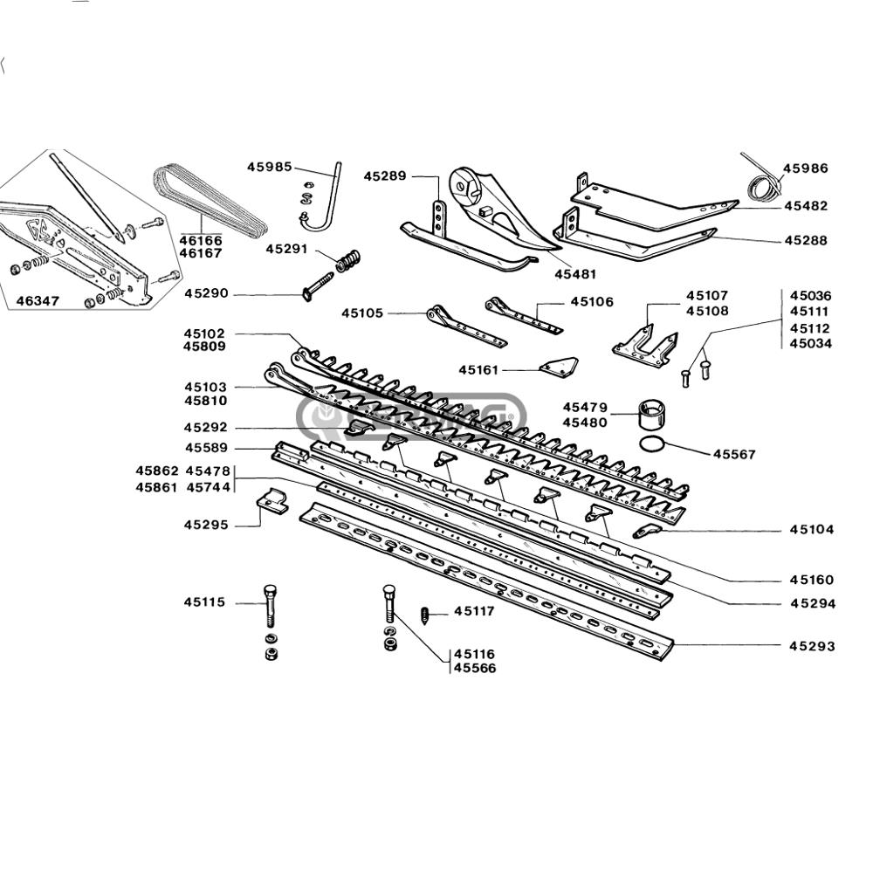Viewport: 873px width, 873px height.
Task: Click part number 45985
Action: click(270, 167)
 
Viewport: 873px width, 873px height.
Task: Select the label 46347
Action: click(38, 301)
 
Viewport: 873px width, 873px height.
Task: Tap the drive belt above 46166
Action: click(210, 200)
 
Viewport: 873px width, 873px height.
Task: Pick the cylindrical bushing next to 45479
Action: click(652, 413)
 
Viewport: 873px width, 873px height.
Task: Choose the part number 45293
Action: click(812, 646)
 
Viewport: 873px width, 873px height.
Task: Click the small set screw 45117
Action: click(425, 616)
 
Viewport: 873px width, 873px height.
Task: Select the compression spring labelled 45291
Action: click(348, 260)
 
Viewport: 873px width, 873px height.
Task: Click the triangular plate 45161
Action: click(559, 365)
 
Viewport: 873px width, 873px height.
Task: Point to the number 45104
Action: click(812, 530)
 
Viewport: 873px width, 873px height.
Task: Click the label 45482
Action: click(806, 206)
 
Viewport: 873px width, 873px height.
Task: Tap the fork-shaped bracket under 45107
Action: click(645, 346)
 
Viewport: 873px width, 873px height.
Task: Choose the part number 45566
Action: click(474, 668)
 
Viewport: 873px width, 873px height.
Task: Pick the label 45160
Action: click(812, 581)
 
